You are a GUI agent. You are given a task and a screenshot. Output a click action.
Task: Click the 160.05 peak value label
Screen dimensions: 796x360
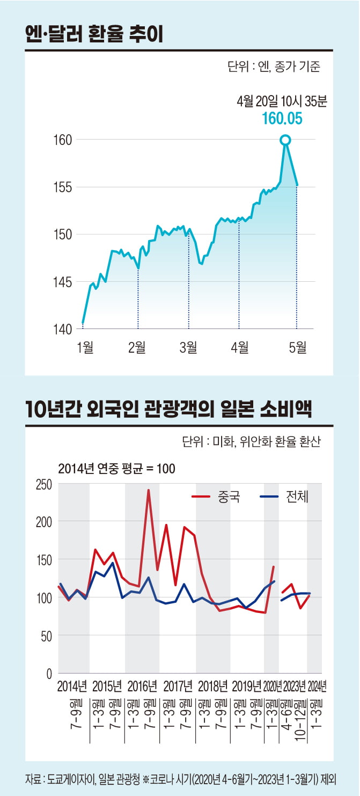[282, 119]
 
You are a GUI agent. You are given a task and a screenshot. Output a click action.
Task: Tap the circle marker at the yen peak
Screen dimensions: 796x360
[285, 140]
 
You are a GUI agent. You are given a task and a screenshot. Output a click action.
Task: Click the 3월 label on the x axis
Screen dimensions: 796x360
[188, 348]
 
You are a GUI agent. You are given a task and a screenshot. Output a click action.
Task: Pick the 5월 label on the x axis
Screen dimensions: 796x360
[297, 348]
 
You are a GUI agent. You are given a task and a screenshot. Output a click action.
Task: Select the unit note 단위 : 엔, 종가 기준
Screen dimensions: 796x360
[274, 68]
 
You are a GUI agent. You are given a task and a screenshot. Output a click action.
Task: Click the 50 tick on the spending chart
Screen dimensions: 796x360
[46, 636]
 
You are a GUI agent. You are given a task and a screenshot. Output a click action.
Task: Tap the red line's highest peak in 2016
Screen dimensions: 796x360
[149, 490]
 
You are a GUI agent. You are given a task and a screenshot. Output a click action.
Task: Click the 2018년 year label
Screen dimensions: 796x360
[213, 686]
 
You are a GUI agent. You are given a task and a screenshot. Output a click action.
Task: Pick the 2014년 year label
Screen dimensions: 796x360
[72, 686]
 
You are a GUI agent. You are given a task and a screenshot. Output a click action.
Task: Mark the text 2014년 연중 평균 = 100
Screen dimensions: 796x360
[117, 468]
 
